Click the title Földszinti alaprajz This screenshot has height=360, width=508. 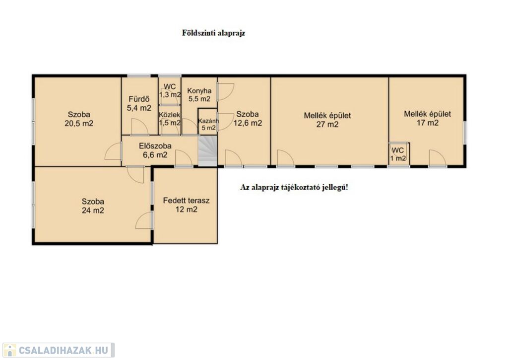click(x=213, y=33)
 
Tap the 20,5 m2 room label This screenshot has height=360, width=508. click(x=79, y=119)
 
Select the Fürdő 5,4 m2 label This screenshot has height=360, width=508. click(x=139, y=103)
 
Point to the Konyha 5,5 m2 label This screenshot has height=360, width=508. click(x=199, y=95)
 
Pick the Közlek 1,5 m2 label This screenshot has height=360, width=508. click(x=170, y=119)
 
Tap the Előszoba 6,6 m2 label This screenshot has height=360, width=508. click(x=155, y=150)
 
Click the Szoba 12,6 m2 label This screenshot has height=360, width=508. click(x=248, y=119)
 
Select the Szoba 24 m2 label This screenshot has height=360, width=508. click(x=93, y=206)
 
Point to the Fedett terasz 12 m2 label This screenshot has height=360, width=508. click(x=187, y=205)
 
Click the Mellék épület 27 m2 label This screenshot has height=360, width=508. click(x=327, y=120)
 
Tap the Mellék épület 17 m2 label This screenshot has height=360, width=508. click(x=427, y=118)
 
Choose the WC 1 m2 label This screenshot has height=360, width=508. click(x=398, y=154)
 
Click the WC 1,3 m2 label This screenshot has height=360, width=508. click(x=170, y=90)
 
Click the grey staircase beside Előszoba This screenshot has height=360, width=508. click(x=207, y=151)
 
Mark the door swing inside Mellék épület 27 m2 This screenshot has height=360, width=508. click(x=286, y=158)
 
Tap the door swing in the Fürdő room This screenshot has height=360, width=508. click(x=139, y=127)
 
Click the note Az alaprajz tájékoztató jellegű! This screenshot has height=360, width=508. click(x=294, y=188)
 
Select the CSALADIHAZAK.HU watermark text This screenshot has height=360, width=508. click(x=63, y=350)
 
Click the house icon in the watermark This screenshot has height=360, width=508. click(x=9, y=350)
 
